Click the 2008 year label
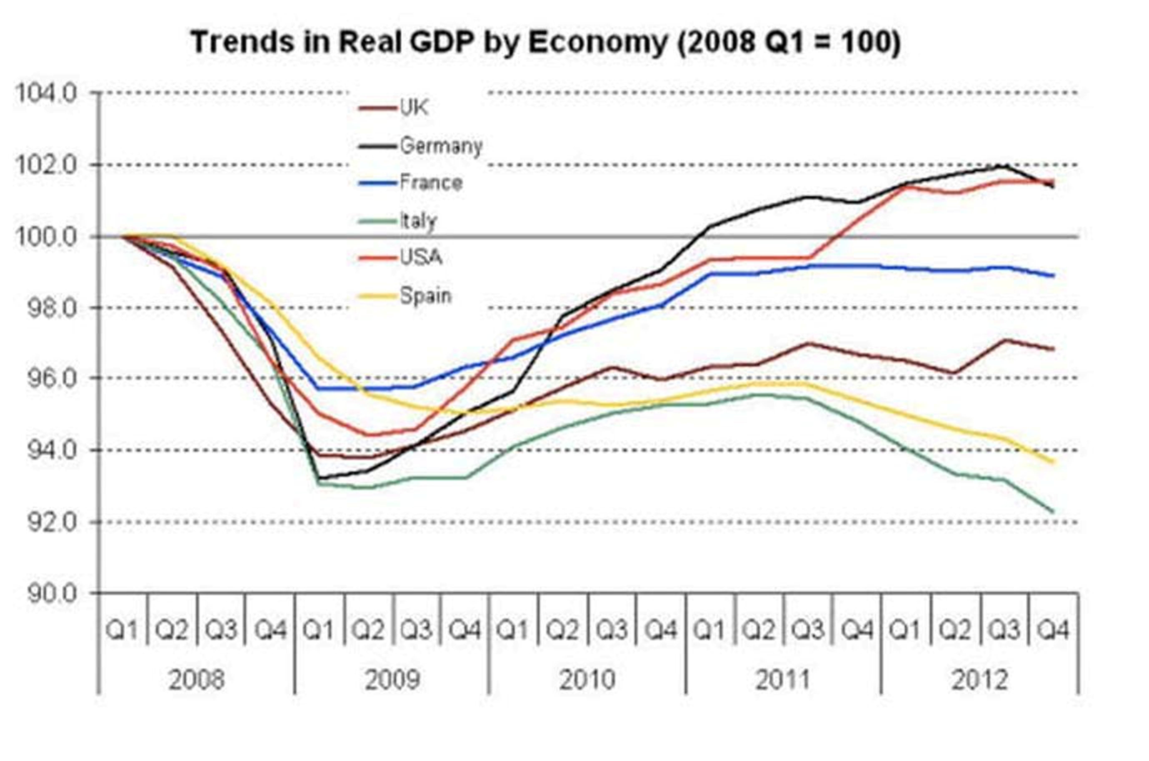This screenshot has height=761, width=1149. tap(196, 679)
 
